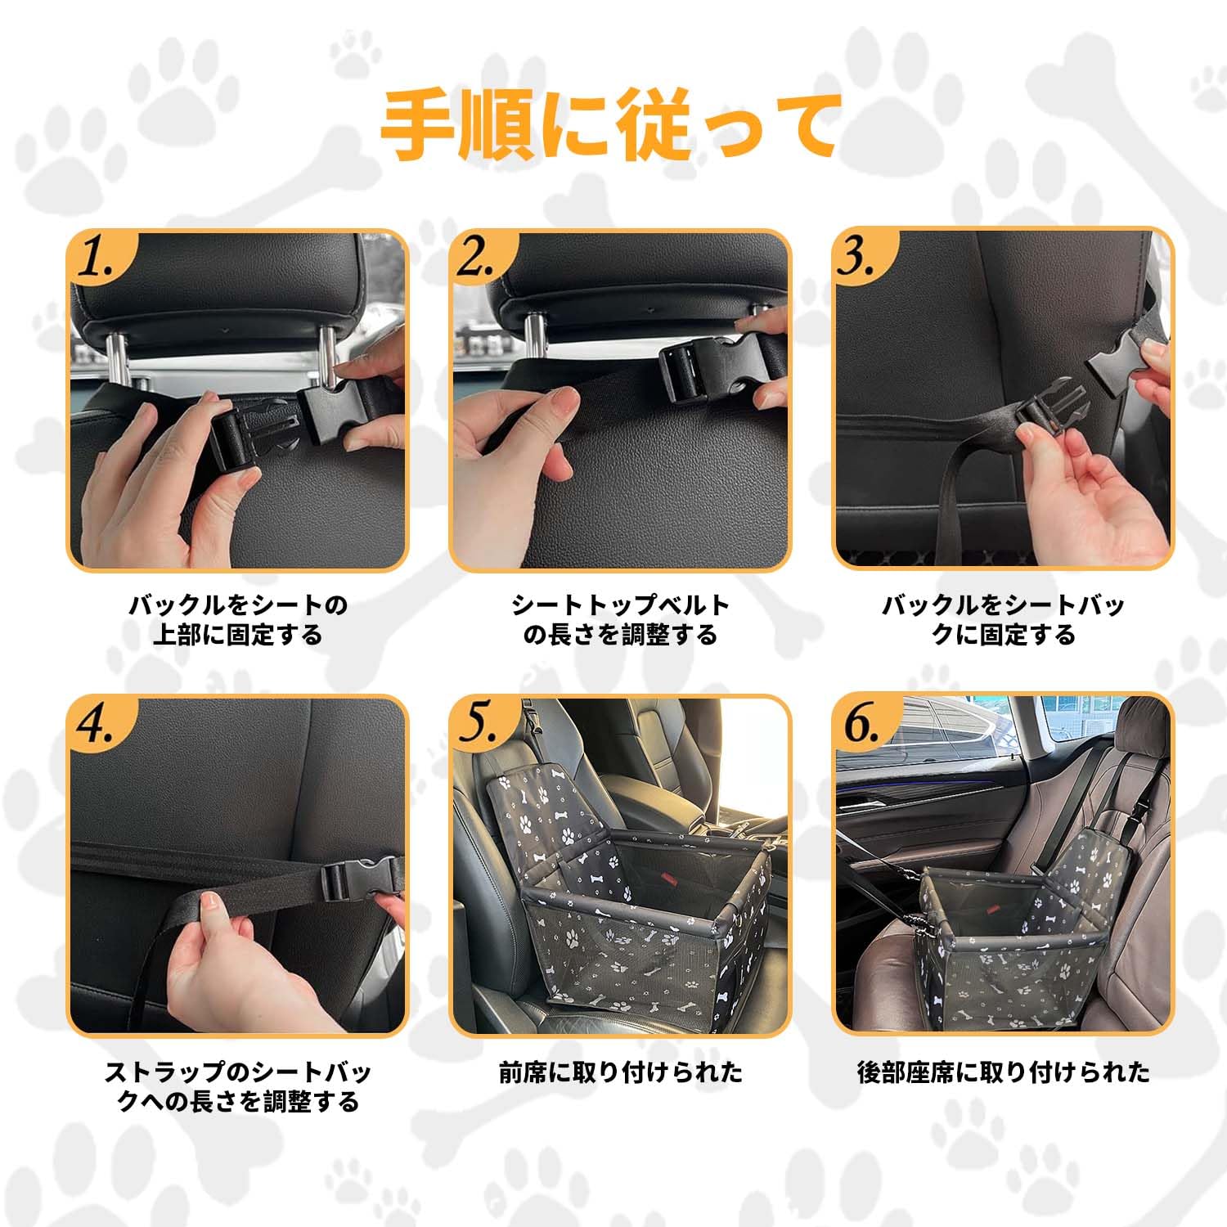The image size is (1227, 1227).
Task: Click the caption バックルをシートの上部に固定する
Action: pos(238,620)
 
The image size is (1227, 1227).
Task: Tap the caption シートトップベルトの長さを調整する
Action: pos(620,620)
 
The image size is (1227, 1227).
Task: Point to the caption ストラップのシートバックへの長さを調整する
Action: pos(238,1086)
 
